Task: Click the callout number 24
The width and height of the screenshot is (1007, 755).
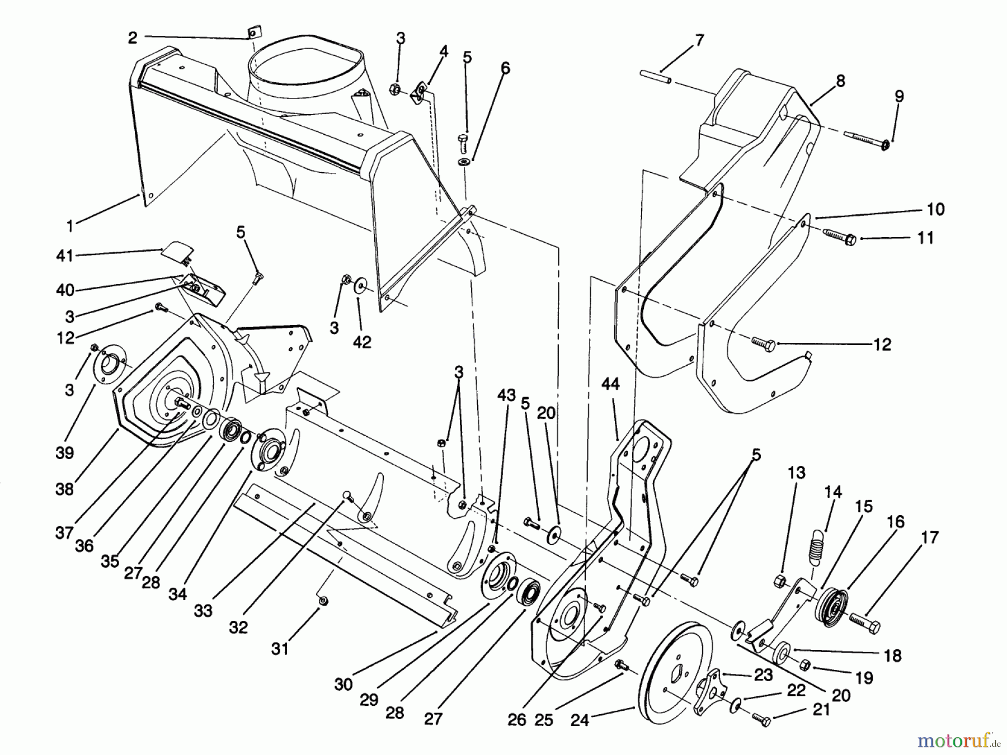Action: [x=580, y=720]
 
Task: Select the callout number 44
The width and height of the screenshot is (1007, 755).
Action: [x=610, y=384]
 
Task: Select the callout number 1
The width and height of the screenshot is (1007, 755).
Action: [x=70, y=226]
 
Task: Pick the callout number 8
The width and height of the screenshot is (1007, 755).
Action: [x=840, y=81]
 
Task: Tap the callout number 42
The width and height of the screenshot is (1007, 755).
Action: [x=362, y=342]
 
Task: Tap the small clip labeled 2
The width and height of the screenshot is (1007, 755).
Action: [x=253, y=34]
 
